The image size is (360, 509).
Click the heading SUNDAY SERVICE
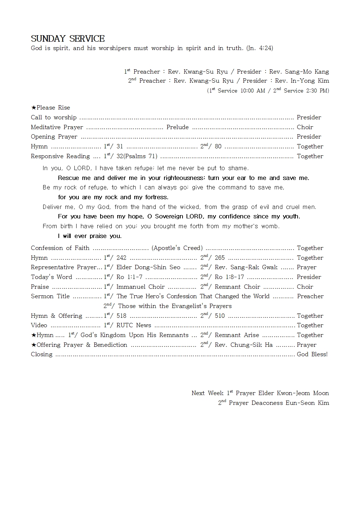[67, 39]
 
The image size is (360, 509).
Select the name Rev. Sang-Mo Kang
[299, 72]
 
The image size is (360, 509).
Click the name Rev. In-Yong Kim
[302, 81]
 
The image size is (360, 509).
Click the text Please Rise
[53, 108]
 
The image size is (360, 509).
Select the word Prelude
[177, 127]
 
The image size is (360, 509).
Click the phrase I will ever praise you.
[90, 236]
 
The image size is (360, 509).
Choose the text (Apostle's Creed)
[177, 248]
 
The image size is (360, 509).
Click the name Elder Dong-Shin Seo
[148, 267]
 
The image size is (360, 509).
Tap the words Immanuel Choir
[140, 287]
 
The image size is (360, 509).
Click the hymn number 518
[121, 316]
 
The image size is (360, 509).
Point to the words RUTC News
[134, 325]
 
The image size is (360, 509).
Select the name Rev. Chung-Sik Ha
[244, 345]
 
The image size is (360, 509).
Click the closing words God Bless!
[312, 354]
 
